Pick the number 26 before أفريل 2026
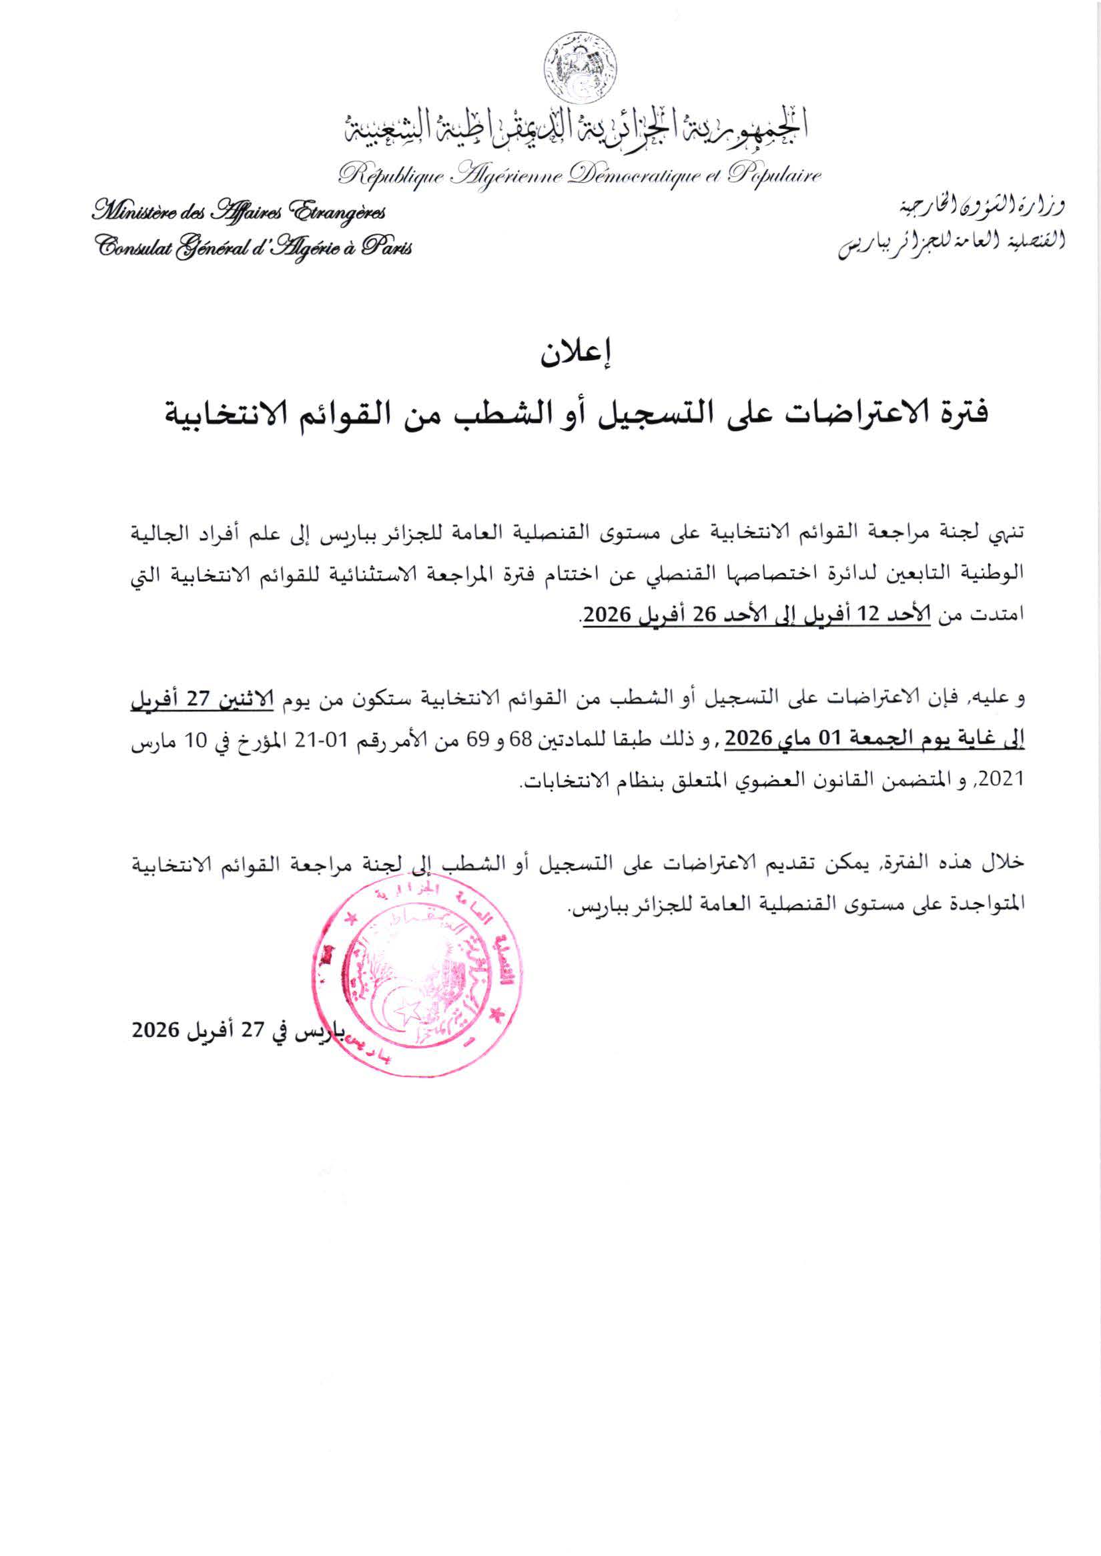(709, 615)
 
